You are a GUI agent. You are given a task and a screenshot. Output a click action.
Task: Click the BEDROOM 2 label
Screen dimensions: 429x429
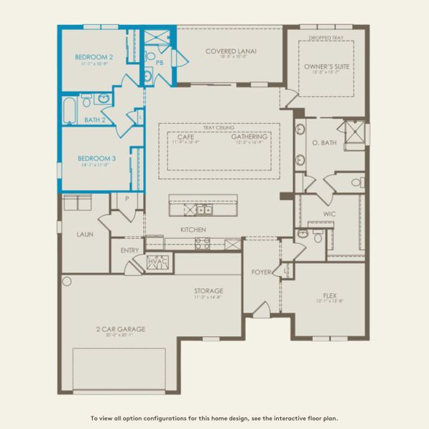tap(94, 56)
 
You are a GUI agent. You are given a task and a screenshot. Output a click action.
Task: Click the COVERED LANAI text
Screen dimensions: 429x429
tap(230, 51)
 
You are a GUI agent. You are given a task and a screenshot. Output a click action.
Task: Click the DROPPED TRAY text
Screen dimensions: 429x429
tap(325, 37)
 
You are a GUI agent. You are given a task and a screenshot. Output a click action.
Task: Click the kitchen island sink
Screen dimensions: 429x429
tap(204, 209)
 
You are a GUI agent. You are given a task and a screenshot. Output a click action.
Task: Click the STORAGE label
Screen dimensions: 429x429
tap(209, 291)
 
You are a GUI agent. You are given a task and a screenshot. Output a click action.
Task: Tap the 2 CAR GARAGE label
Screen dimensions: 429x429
tap(122, 329)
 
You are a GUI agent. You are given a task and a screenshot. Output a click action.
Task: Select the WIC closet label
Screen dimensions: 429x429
tap(330, 214)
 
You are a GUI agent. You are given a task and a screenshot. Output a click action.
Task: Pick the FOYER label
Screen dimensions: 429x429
tap(261, 272)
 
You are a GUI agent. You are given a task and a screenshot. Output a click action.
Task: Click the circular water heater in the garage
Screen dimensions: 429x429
tap(67, 282)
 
